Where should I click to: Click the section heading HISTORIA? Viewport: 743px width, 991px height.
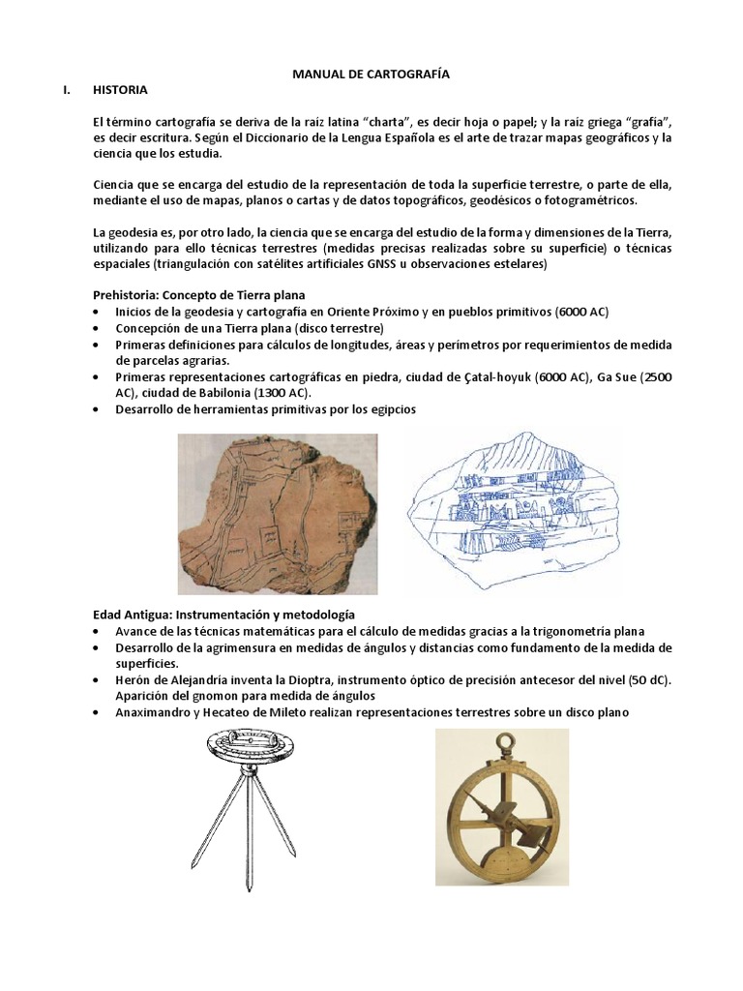point(120,90)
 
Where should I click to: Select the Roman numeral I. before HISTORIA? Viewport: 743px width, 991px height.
point(66,90)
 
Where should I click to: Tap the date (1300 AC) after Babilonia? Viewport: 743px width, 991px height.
point(281,393)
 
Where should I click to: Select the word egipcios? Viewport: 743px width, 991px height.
point(387,409)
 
